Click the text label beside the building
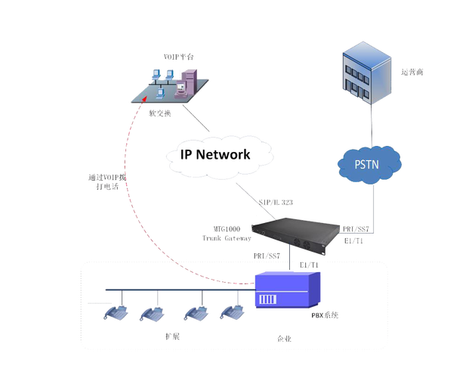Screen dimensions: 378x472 [x=412, y=73]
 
